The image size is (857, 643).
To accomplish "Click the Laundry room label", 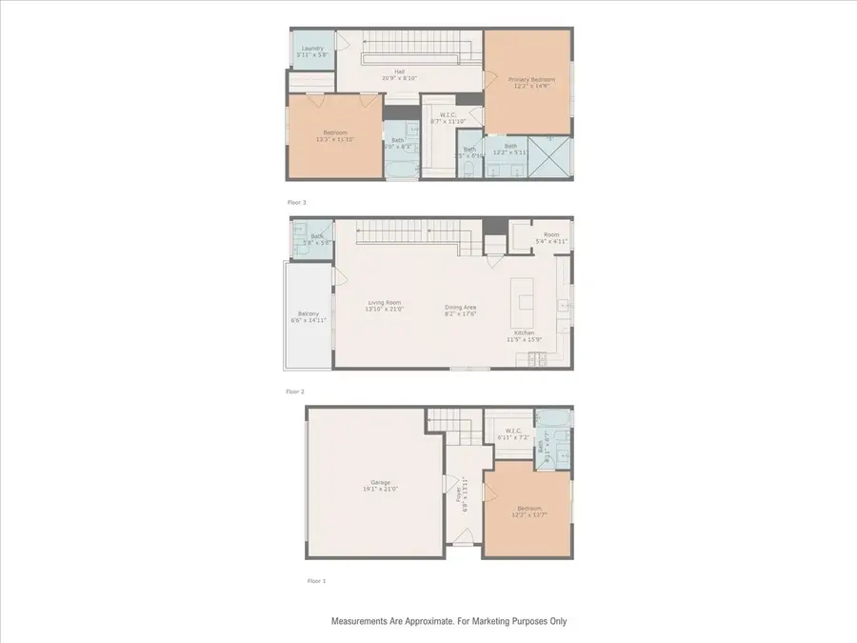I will click(x=313, y=49).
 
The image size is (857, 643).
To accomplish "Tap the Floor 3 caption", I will click(x=297, y=202).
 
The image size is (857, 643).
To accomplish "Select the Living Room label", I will click(x=387, y=302).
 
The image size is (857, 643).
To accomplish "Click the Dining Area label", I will click(x=461, y=307).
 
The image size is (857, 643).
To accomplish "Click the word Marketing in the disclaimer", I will click(x=493, y=621).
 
